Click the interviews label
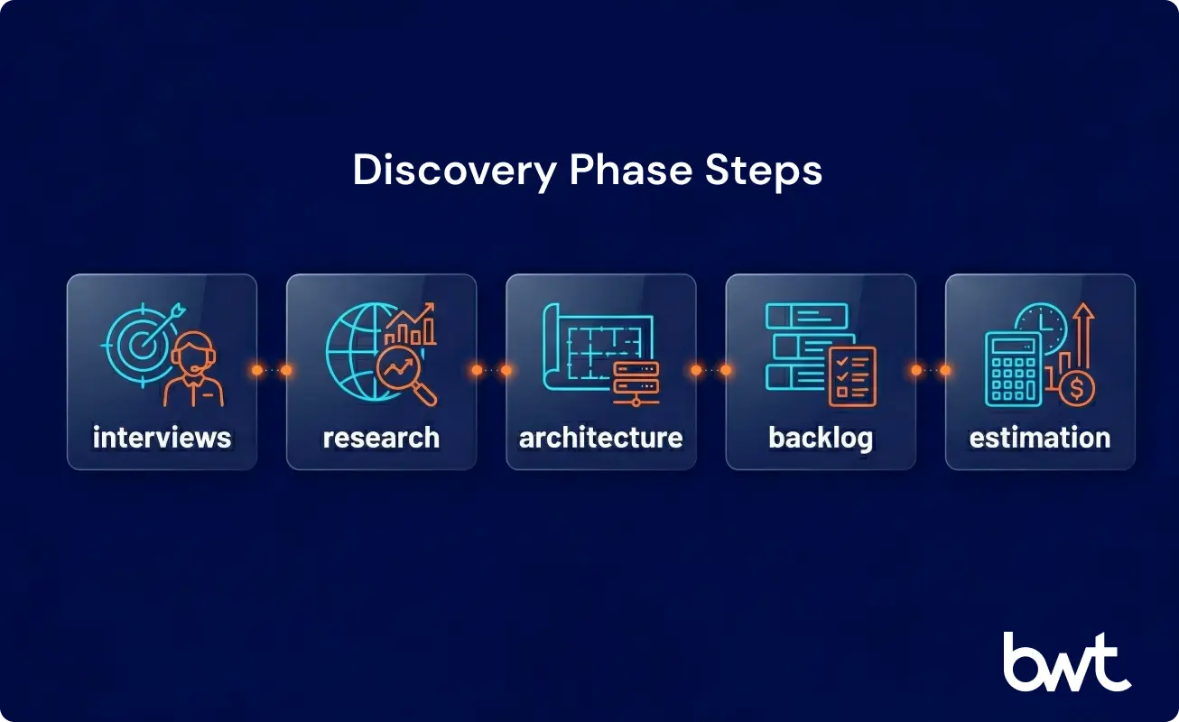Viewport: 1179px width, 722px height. (162, 438)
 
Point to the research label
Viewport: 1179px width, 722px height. (381, 438)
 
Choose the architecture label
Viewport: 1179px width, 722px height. (600, 438)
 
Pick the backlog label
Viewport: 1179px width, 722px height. (821, 438)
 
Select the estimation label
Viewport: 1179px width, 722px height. (1040, 438)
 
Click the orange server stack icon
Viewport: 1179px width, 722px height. (636, 383)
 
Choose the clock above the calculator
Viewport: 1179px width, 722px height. (1041, 323)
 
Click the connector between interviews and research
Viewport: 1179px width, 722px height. (272, 370)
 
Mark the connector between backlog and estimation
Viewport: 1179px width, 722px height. (931, 370)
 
